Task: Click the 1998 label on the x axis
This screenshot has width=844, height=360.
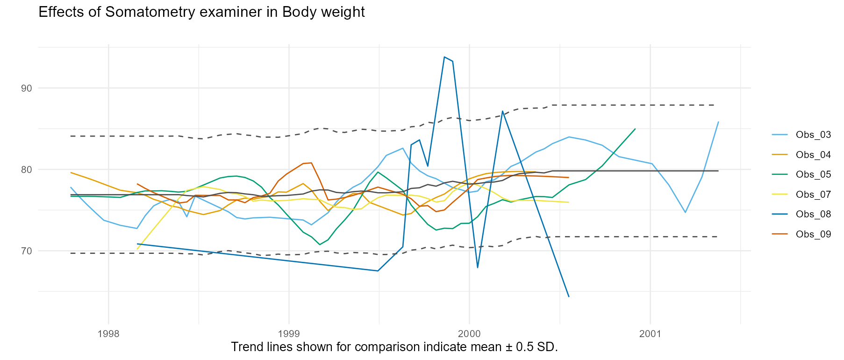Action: pyautogui.click(x=108, y=334)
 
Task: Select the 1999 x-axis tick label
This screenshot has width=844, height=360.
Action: pyautogui.click(x=289, y=334)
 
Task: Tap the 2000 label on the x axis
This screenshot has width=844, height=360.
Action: pyautogui.click(x=469, y=334)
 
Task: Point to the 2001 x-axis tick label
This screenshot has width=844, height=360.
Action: pyautogui.click(x=650, y=334)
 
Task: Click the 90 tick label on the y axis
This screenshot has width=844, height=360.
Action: pyautogui.click(x=27, y=88)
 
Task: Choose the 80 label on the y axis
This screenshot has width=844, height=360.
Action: pyautogui.click(x=27, y=170)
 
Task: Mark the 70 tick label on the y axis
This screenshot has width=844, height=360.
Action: pyautogui.click(x=27, y=251)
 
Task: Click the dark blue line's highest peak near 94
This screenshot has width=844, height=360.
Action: pyautogui.click(x=444, y=57)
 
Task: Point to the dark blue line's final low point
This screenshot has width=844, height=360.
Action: pyautogui.click(x=568, y=296)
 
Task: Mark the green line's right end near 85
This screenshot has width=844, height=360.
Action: pyautogui.click(x=635, y=129)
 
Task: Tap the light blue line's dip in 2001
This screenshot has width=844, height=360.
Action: pyautogui.click(x=685, y=212)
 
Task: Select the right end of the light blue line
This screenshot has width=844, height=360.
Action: pyautogui.click(x=718, y=122)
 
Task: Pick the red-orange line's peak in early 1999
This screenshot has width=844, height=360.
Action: pyautogui.click(x=307, y=163)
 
